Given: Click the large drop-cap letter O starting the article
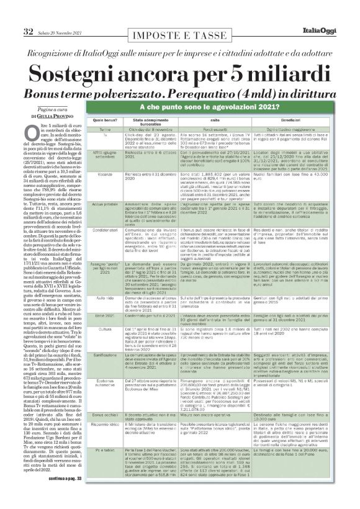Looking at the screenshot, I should tap(32, 130).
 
